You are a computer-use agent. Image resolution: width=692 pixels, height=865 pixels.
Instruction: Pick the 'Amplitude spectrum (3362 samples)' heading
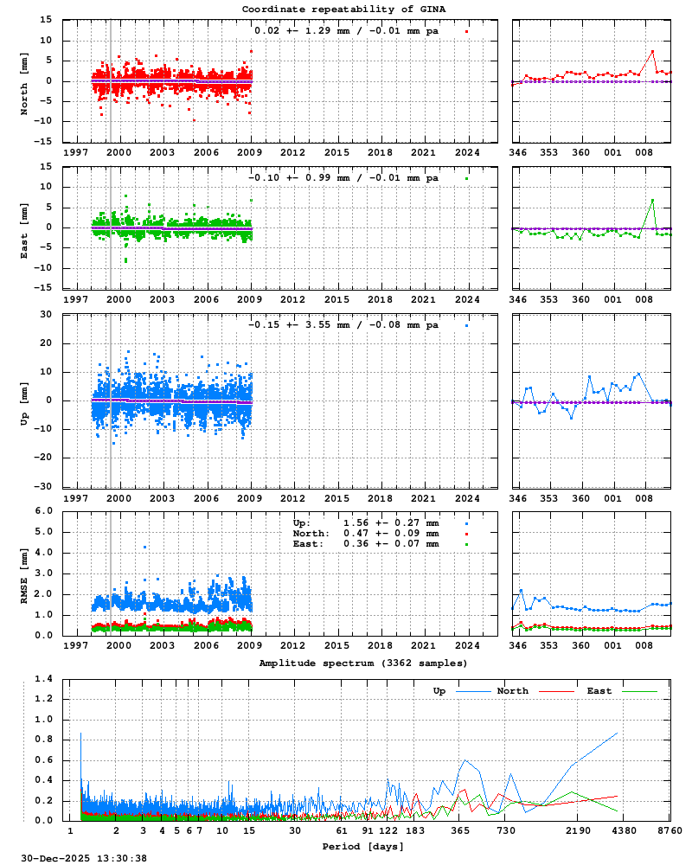pyautogui.click(x=362, y=663)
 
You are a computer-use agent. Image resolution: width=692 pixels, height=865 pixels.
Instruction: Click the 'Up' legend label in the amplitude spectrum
pyautogui.click(x=439, y=691)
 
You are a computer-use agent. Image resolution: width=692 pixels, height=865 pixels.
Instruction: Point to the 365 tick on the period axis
pyautogui.click(x=460, y=830)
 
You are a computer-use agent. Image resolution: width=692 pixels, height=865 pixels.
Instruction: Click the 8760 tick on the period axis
pyautogui.click(x=670, y=830)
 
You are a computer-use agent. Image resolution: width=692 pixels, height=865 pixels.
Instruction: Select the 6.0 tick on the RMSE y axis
pyautogui.click(x=43, y=510)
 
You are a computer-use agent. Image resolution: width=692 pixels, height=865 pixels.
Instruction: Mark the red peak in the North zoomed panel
pyautogui.click(x=653, y=51)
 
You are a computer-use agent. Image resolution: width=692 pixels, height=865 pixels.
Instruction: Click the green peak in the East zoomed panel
pyautogui.click(x=653, y=200)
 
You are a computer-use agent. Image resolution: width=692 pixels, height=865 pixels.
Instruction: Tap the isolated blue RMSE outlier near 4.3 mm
pyautogui.click(x=145, y=547)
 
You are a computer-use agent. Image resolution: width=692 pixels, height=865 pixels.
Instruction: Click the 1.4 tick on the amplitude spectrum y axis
pyautogui.click(x=43, y=678)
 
